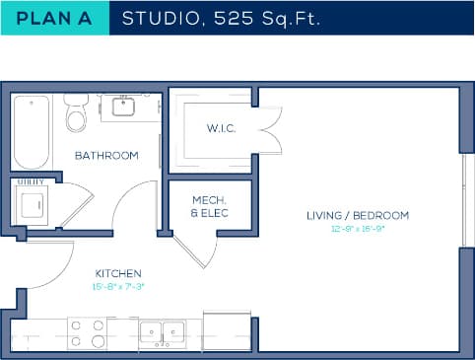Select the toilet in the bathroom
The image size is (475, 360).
(x=75, y=115)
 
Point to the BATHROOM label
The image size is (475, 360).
(x=106, y=156)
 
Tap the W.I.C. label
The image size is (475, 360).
(x=219, y=128)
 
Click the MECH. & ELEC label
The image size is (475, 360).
(x=209, y=206)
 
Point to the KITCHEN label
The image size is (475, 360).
(x=118, y=273)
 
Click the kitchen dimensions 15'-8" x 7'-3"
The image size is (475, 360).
(x=118, y=287)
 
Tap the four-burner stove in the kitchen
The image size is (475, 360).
(x=87, y=333)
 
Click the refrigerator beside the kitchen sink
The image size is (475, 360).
(x=221, y=330)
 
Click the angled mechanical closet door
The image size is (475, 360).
(x=195, y=251)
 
